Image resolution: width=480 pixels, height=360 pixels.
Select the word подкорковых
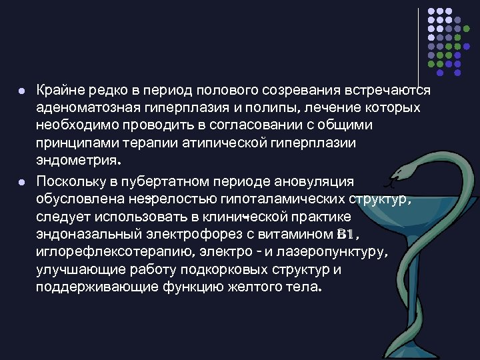click(x=249, y=271)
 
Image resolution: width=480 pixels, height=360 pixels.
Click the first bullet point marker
click(x=22, y=90)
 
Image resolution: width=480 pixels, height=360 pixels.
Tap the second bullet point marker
click(x=22, y=181)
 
